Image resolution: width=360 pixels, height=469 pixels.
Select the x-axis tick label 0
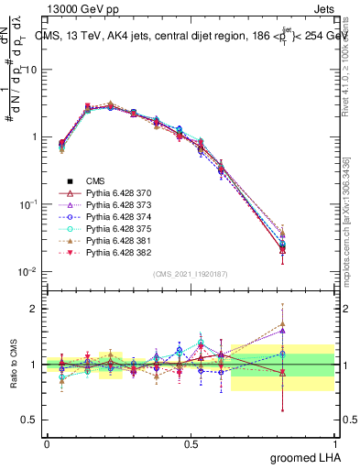point(47,442)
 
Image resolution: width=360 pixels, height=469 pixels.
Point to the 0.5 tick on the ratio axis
point(27,420)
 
